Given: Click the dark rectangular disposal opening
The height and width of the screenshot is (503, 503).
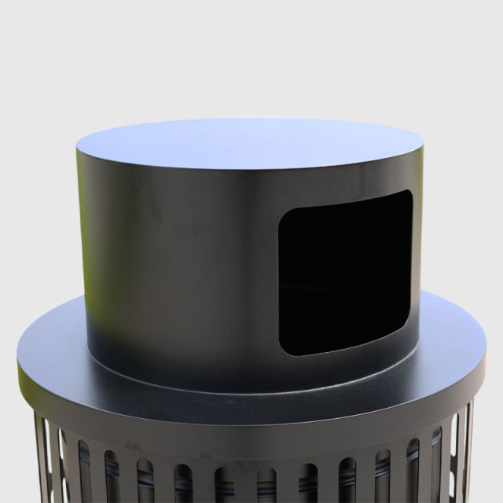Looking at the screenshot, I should [346, 271].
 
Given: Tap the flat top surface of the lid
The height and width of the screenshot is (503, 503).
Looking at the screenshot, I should [250, 143].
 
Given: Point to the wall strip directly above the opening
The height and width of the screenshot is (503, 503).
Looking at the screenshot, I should [346, 182].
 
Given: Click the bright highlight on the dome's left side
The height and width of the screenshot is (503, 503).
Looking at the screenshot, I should [90, 251].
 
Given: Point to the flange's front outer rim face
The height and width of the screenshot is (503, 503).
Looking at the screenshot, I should [251, 424].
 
